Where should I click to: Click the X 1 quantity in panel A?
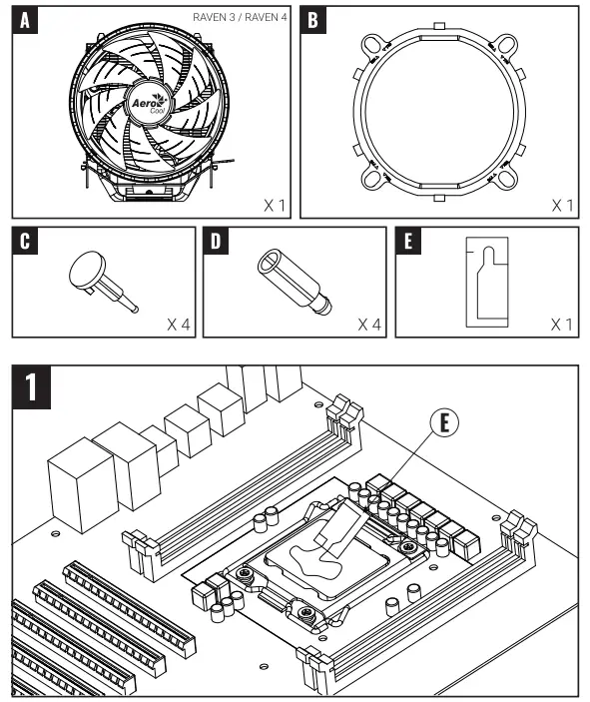pos(275,205)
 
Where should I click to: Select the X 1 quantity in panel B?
pos(563,205)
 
